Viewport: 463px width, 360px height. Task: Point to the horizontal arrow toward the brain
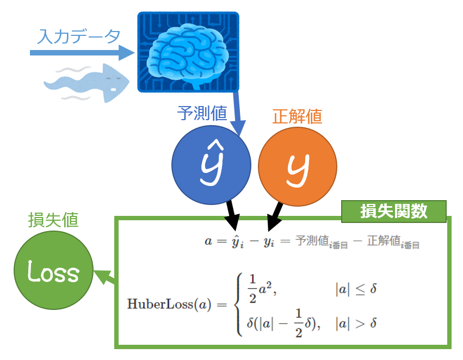pyautogui.click(x=82, y=53)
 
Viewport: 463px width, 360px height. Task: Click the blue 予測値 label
pyautogui.click(x=200, y=115)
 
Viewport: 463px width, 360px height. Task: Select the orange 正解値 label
pyautogui.click(x=297, y=116)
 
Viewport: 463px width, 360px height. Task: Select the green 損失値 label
pyautogui.click(x=53, y=220)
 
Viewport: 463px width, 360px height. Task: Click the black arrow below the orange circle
pyautogui.click(x=274, y=216)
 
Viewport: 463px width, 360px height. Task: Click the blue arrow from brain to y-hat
pyautogui.click(x=238, y=114)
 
